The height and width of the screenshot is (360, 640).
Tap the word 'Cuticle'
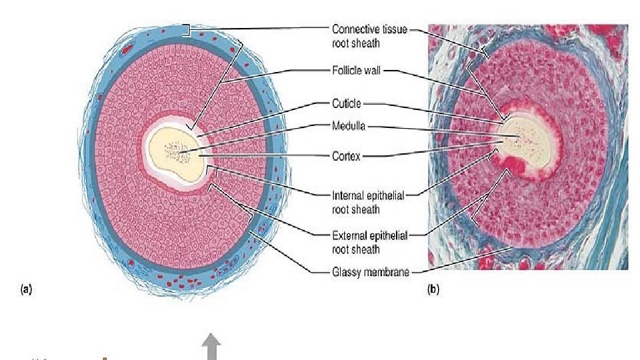[x=347, y=104]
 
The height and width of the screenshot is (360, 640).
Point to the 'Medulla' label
[x=347, y=124]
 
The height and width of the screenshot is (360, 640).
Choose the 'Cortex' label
[x=346, y=156]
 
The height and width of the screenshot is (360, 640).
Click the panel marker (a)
[x=26, y=289]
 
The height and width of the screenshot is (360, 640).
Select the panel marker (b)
[x=434, y=289]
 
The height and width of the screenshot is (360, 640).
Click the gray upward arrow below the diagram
[x=212, y=347]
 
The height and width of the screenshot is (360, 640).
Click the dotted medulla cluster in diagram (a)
[x=177, y=151]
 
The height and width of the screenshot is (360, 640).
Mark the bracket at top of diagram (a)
[x=189, y=30]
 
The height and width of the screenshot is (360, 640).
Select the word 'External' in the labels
[x=347, y=235]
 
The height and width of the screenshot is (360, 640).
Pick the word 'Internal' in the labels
[x=346, y=195]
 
